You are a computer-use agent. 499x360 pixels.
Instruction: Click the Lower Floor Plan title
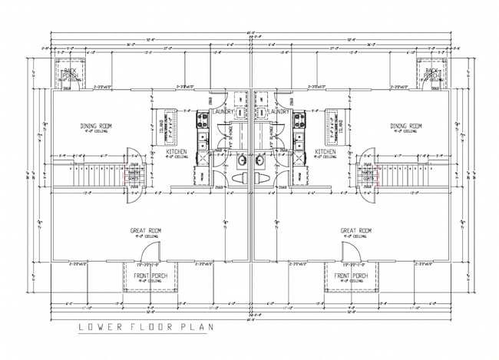pos(147,328)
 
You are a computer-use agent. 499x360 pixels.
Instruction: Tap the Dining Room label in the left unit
pos(97,126)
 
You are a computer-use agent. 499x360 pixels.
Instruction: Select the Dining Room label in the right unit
pos(405,126)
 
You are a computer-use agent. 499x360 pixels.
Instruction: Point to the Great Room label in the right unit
pos(356,230)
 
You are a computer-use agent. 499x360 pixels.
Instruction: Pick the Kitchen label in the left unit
pos(176,152)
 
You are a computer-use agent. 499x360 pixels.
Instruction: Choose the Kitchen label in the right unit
pos(326,152)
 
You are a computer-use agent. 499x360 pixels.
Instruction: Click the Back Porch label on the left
pos(70,74)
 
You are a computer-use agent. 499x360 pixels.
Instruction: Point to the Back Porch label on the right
pos(431,74)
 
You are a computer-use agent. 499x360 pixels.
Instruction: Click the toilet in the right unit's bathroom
pos(262,179)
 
